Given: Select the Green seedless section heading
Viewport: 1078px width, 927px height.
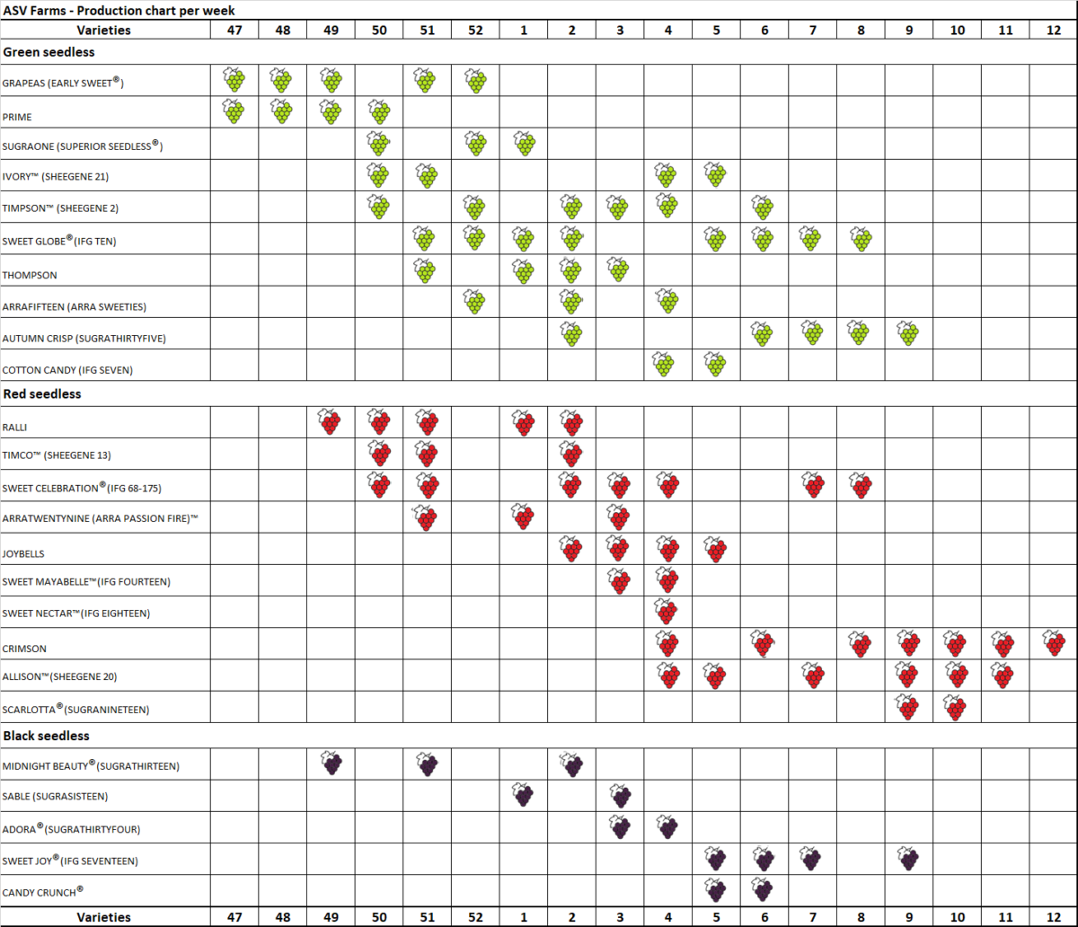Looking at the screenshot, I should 49,52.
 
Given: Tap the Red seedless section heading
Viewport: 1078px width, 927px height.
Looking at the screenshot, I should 42,393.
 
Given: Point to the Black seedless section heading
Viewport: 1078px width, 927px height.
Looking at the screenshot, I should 47,736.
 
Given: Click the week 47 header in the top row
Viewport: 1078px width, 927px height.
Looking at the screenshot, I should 234,30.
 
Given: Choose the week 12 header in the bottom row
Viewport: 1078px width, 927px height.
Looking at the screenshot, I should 1053,917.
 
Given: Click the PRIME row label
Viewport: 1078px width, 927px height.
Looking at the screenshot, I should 18,117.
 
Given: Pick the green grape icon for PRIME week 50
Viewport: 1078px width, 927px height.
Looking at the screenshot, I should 379,112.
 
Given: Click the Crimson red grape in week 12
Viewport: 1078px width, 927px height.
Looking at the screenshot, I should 1054,643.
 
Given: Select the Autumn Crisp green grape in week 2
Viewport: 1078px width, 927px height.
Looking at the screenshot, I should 571,333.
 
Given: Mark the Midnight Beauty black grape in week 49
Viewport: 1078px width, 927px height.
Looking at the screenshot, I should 331,764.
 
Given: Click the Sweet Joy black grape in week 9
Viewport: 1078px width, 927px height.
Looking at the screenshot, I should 909,860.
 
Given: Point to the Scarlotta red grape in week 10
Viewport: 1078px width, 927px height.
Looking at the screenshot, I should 956,708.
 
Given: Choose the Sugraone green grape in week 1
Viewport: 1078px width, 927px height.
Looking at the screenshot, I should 524,144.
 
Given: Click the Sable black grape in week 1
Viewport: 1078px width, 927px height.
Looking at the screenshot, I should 524,795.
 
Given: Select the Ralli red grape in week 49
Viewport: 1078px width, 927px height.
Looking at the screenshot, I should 331,422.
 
